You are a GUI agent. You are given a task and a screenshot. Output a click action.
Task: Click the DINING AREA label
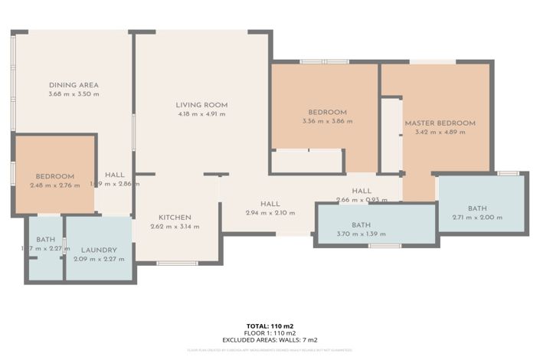pyautogui.click(x=74, y=85)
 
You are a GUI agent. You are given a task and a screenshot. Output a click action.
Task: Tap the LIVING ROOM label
pyautogui.click(x=201, y=105)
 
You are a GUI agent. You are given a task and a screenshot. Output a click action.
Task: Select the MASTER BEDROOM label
pyautogui.click(x=440, y=123)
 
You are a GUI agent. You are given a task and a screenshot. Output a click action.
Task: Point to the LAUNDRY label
pyautogui.click(x=99, y=250)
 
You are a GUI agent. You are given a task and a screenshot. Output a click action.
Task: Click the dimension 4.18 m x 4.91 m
pyautogui.click(x=201, y=114)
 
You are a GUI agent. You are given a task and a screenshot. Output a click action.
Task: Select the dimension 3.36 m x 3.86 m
pyautogui.click(x=327, y=121)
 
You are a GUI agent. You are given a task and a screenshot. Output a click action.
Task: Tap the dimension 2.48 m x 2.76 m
pyautogui.click(x=54, y=185)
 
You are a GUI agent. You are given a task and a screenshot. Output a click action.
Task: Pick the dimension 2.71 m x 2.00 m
pyautogui.click(x=477, y=218)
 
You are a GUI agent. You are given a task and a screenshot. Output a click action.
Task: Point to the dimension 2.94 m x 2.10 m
pyautogui.click(x=270, y=213)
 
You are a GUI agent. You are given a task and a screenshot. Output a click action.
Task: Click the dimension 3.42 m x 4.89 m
pyautogui.click(x=440, y=133)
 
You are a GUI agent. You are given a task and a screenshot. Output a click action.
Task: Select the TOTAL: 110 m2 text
pyautogui.click(x=270, y=326)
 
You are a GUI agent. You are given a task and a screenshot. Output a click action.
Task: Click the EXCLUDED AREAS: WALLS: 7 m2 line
pyautogui.click(x=270, y=339)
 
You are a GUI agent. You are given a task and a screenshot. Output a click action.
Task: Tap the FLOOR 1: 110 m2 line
pyautogui.click(x=270, y=333)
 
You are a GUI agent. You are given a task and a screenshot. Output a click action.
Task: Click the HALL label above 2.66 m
pyautogui.click(x=362, y=191)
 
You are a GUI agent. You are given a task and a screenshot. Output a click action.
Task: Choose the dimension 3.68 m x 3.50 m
pyautogui.click(x=74, y=94)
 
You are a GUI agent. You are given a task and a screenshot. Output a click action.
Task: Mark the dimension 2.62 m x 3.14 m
pyautogui.click(x=175, y=226)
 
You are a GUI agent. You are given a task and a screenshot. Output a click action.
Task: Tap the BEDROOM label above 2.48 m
pyautogui.click(x=54, y=176)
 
